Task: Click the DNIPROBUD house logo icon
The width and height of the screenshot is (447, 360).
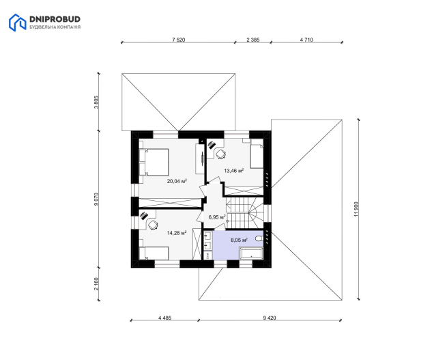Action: click(x=17, y=23)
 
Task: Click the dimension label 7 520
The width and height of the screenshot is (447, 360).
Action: click(x=178, y=40)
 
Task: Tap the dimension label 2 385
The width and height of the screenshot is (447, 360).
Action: click(x=253, y=40)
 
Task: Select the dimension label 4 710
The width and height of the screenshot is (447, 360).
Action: click(x=306, y=40)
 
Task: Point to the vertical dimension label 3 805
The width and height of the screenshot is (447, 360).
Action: click(x=96, y=102)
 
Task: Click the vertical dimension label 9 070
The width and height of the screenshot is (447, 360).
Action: click(x=96, y=199)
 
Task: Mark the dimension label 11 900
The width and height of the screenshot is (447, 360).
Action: click(x=356, y=210)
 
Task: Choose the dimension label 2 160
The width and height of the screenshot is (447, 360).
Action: click(x=96, y=284)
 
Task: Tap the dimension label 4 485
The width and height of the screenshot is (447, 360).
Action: click(x=164, y=318)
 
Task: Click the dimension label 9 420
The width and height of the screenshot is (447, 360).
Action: click(x=270, y=318)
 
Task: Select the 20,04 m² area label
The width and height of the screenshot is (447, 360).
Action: click(x=177, y=181)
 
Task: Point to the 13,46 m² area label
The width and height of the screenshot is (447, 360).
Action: click(x=234, y=171)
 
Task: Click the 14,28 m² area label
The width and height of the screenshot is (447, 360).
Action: click(x=177, y=233)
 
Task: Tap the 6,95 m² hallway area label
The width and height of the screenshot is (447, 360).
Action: click(x=217, y=217)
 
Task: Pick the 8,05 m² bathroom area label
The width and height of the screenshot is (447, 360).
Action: click(x=239, y=240)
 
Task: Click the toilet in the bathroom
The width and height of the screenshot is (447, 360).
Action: click(x=259, y=238)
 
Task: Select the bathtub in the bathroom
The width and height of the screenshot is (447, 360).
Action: click(x=251, y=253)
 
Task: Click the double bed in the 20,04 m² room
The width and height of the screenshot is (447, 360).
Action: click(x=154, y=162)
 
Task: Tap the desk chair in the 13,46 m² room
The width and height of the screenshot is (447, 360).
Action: click(x=220, y=154)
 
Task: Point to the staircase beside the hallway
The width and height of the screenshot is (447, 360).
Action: click(x=244, y=213)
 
